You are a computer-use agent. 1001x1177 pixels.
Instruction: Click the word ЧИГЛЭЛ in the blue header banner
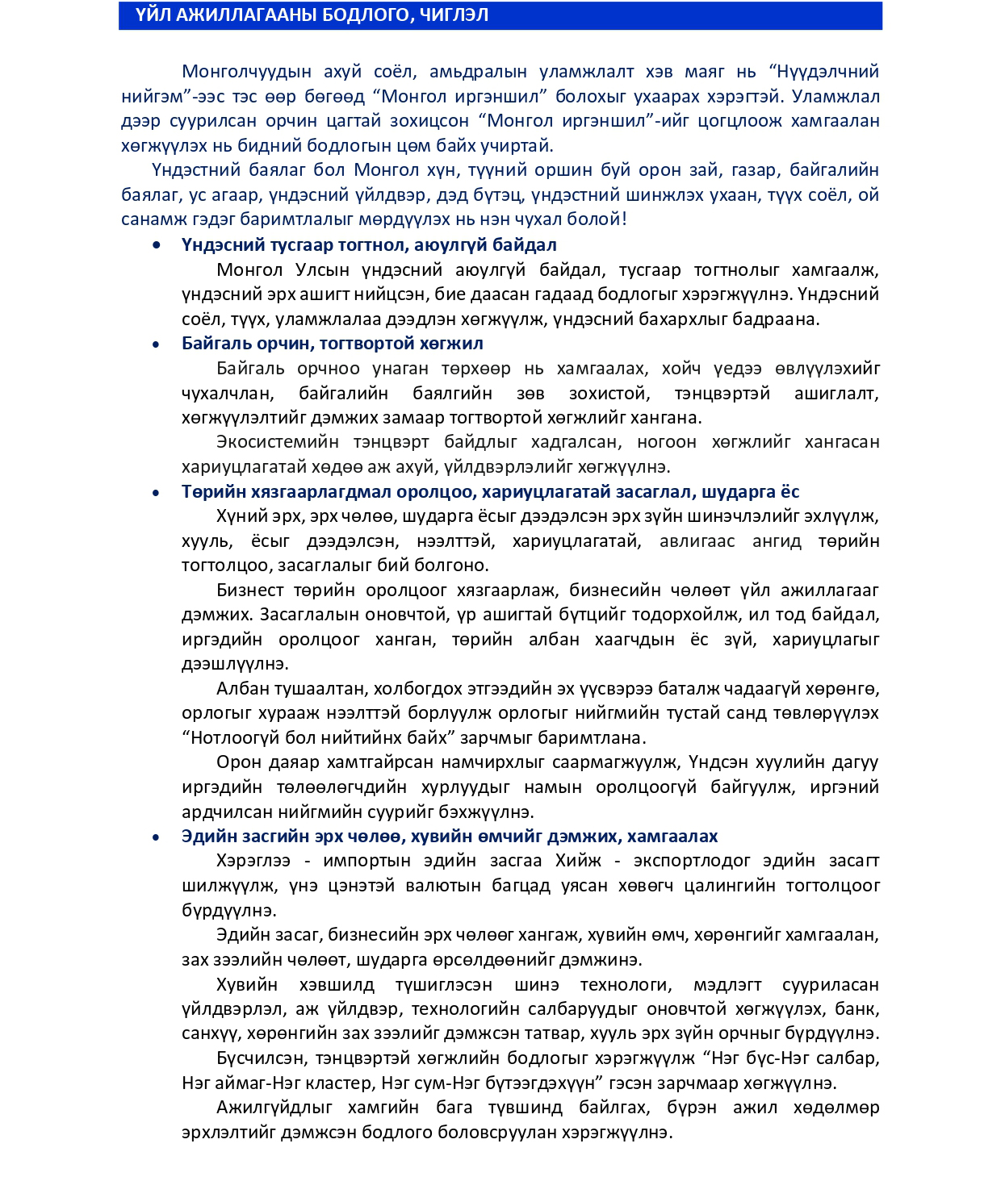454,15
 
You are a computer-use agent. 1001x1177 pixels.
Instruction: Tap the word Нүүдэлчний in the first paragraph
831,72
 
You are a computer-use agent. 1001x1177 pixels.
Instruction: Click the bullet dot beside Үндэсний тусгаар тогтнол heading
157,245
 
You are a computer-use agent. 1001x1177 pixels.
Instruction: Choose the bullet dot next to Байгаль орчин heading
157,344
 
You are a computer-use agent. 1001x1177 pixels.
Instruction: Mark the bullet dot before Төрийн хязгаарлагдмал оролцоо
157,492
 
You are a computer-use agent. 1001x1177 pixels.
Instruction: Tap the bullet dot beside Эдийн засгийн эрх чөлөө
157,837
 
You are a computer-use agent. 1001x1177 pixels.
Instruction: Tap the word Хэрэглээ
253,861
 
